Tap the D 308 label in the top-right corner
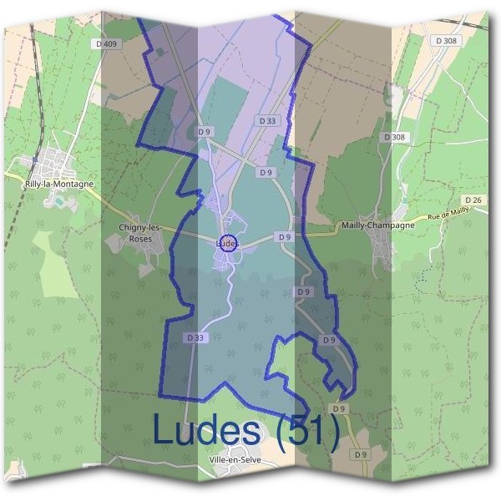coord(447,40)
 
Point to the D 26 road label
coord(473,200)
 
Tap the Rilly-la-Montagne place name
coord(59,184)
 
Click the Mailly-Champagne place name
coord(378,225)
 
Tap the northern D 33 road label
coord(267,121)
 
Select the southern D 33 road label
coord(194,337)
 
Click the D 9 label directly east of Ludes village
coord(285,237)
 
